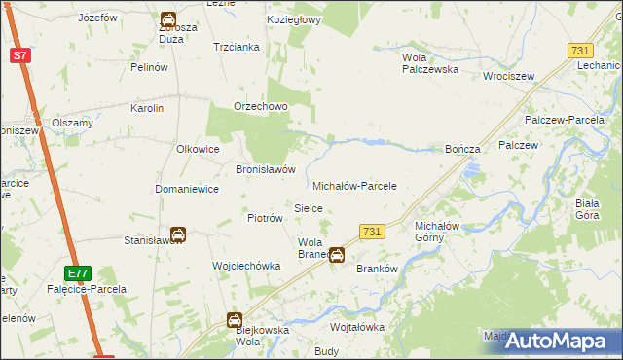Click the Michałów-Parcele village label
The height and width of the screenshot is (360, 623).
pos(354,185)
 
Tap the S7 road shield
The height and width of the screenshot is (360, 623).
pos(21,55)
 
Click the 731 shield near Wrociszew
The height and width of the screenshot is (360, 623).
pos(581,50)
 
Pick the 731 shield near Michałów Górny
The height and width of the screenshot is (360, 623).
pos(371,231)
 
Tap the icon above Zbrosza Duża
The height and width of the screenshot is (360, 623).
pos(167,19)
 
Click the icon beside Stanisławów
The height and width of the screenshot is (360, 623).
pos(178,234)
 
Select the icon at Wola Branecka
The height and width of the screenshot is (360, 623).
pos(336,256)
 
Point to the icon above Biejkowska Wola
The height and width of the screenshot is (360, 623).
pos(235,320)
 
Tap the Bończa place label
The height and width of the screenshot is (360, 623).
pos(462,149)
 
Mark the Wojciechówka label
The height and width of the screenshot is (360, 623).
pos(246,266)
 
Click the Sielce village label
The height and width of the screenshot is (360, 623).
pos(309,208)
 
